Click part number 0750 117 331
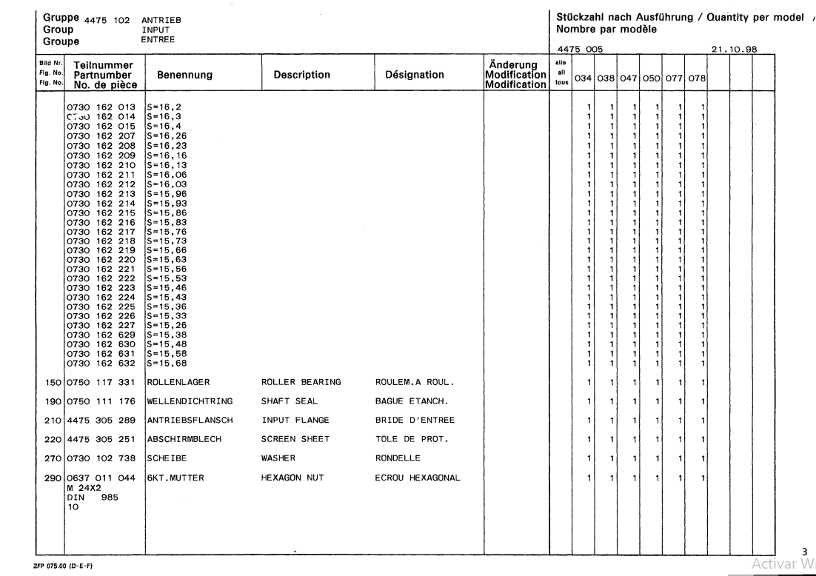(101, 382)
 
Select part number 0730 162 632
(101, 362)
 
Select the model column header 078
(698, 76)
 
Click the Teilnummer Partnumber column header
(101, 75)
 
